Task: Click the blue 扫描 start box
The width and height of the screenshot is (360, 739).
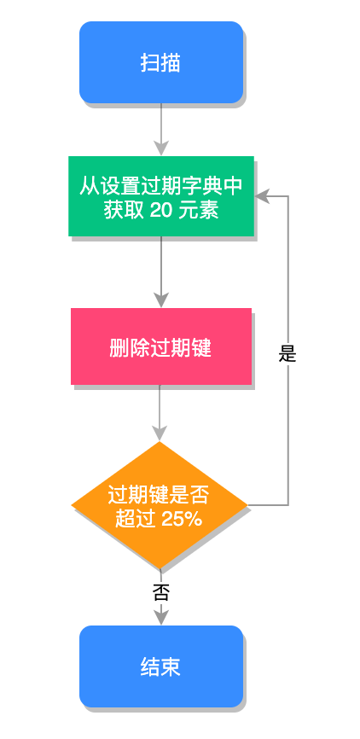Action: [x=160, y=62]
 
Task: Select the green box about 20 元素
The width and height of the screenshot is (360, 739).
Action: [x=161, y=196]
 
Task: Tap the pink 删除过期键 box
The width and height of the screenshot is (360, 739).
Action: [x=160, y=346]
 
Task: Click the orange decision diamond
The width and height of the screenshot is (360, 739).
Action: [x=160, y=505]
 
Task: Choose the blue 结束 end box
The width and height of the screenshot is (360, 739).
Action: [x=160, y=666]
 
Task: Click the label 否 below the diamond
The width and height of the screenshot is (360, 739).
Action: [x=160, y=592]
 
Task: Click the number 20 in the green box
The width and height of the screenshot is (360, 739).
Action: [x=161, y=210]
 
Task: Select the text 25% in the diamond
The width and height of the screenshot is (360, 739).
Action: [x=182, y=518]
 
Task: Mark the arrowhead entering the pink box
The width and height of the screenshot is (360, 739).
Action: [x=160, y=300]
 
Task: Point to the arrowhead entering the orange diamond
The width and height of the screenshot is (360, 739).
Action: [x=160, y=434]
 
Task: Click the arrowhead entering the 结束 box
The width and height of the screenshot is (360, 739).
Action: [x=160, y=618]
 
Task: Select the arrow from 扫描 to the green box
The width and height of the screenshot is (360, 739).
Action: [x=160, y=124]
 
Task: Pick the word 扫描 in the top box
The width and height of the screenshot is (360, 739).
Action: [x=160, y=62]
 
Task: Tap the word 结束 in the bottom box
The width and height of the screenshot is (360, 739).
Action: [x=160, y=666]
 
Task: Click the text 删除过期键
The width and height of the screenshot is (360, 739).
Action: [x=160, y=347]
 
